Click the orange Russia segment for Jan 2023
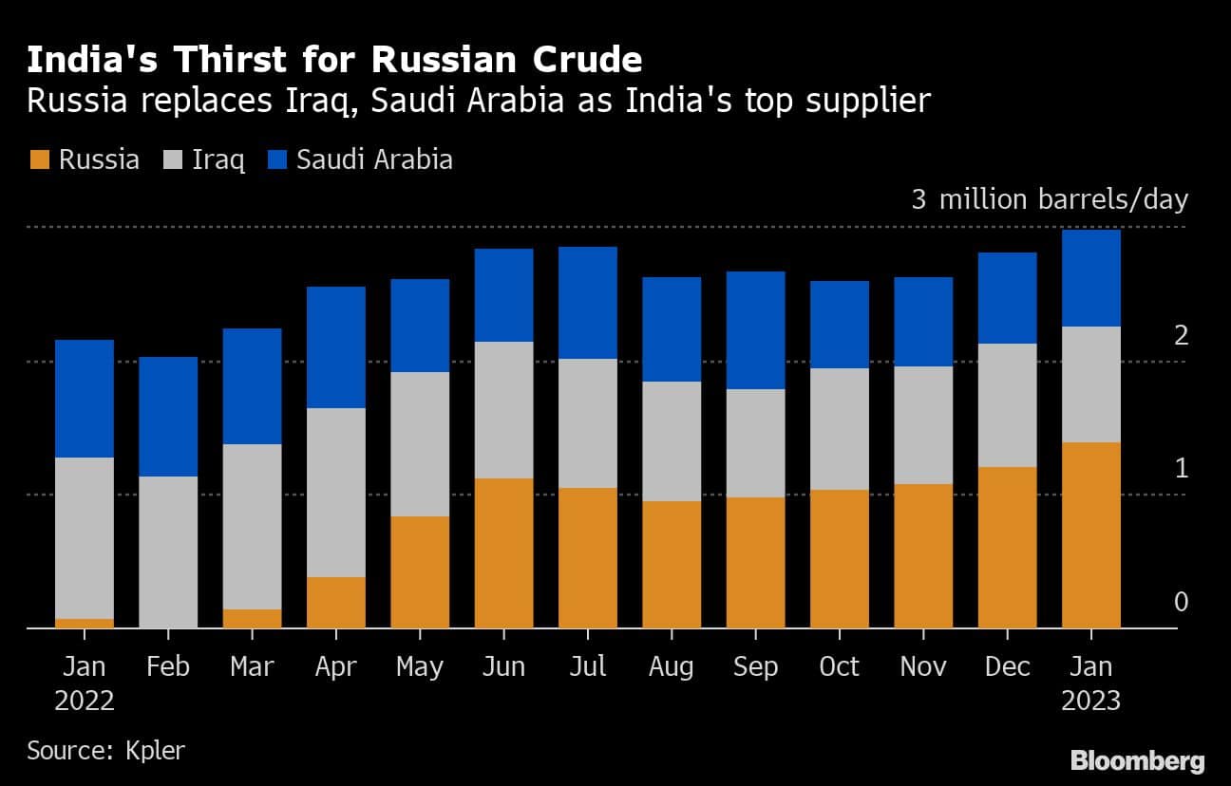(x=1090, y=534)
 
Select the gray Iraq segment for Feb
(x=168, y=552)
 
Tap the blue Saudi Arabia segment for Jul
(x=587, y=303)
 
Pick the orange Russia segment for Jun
(x=503, y=552)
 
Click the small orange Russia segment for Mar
(x=252, y=618)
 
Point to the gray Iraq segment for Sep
(x=755, y=443)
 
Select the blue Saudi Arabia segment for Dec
(x=1007, y=298)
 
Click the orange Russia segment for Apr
(x=335, y=602)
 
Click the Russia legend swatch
(x=38, y=159)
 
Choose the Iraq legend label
(x=218, y=159)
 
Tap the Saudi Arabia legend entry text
(x=374, y=159)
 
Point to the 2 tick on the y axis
(x=1181, y=335)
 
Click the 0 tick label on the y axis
(x=1181, y=602)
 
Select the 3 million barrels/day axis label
(x=1050, y=199)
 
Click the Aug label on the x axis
(x=671, y=666)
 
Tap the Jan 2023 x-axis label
(x=1090, y=683)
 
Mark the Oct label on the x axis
(x=839, y=666)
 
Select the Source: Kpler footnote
(x=105, y=750)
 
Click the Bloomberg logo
(x=1137, y=760)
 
